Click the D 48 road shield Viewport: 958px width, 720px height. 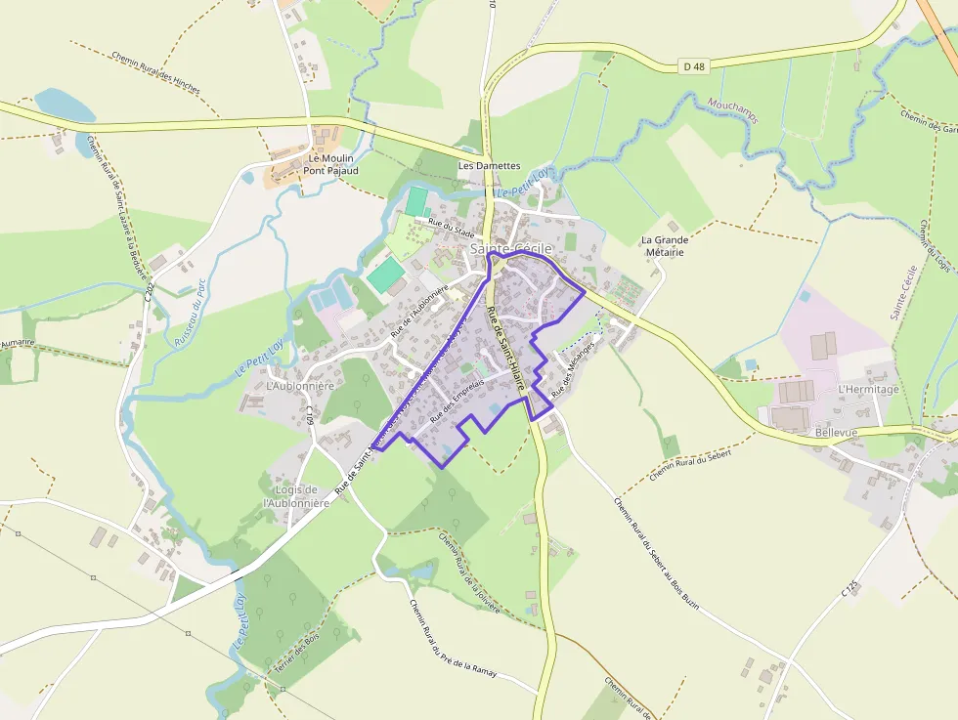point(694,66)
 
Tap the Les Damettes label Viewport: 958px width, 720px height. point(490,166)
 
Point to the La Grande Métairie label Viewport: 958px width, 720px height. point(665,245)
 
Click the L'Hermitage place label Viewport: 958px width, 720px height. point(868,389)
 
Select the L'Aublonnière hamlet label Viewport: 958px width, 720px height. point(300,386)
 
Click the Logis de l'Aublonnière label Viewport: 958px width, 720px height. point(292,496)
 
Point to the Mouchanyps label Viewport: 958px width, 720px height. point(731,109)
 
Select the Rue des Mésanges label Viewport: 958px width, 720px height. point(574,374)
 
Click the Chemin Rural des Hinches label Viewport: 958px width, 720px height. point(155,72)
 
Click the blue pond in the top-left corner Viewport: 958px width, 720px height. point(65,104)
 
